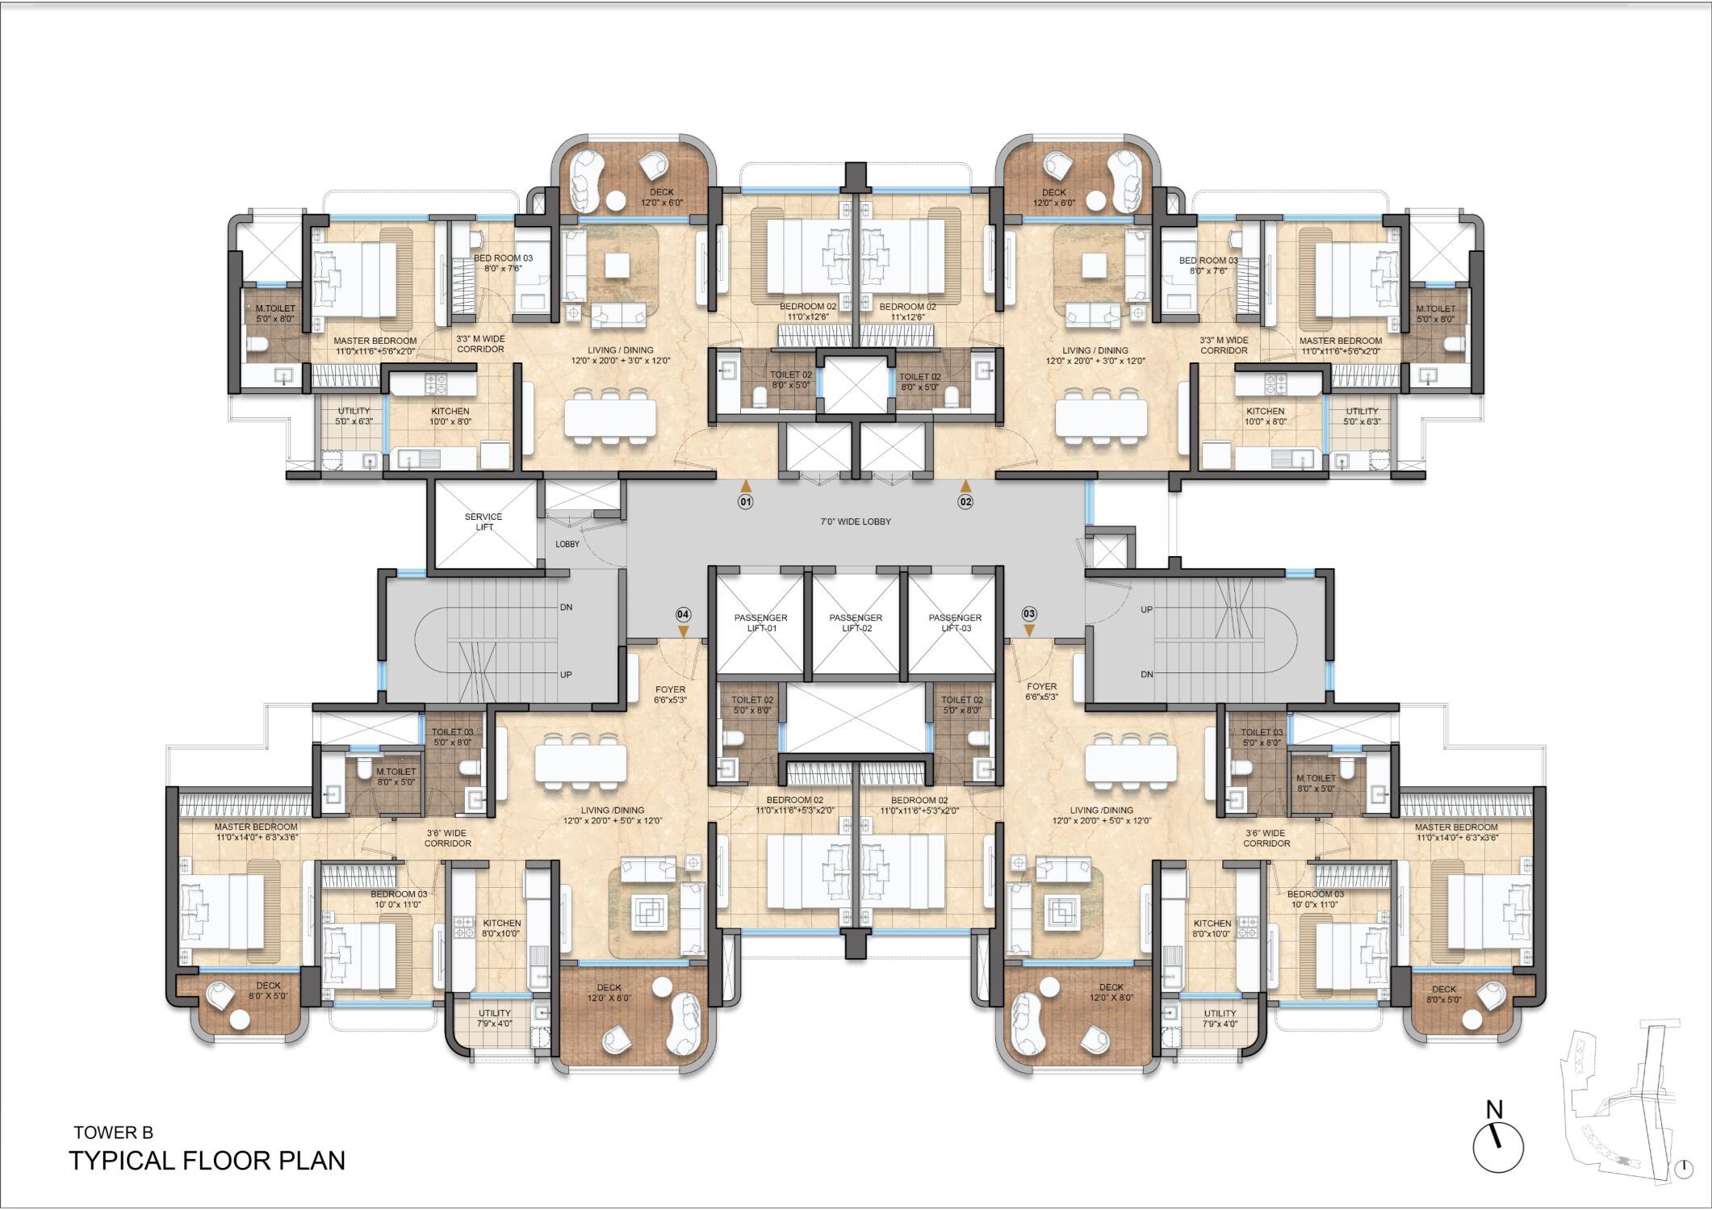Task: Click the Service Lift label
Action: click(483, 521)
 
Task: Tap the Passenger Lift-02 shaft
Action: click(856, 622)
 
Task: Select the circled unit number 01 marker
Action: click(745, 501)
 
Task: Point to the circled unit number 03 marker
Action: click(1029, 613)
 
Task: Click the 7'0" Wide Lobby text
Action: click(856, 521)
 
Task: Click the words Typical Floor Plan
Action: click(207, 1161)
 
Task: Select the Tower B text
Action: click(113, 1133)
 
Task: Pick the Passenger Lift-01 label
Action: click(760, 622)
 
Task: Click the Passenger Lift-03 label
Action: click(955, 622)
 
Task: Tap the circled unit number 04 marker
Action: click(684, 613)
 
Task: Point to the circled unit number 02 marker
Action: click(965, 501)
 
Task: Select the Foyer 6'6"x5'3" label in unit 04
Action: click(670, 695)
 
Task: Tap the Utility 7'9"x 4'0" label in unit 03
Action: click(1220, 1018)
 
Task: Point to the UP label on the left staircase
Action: click(566, 674)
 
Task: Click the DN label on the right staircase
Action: click(1146, 674)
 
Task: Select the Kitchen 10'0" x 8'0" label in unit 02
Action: click(1265, 416)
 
